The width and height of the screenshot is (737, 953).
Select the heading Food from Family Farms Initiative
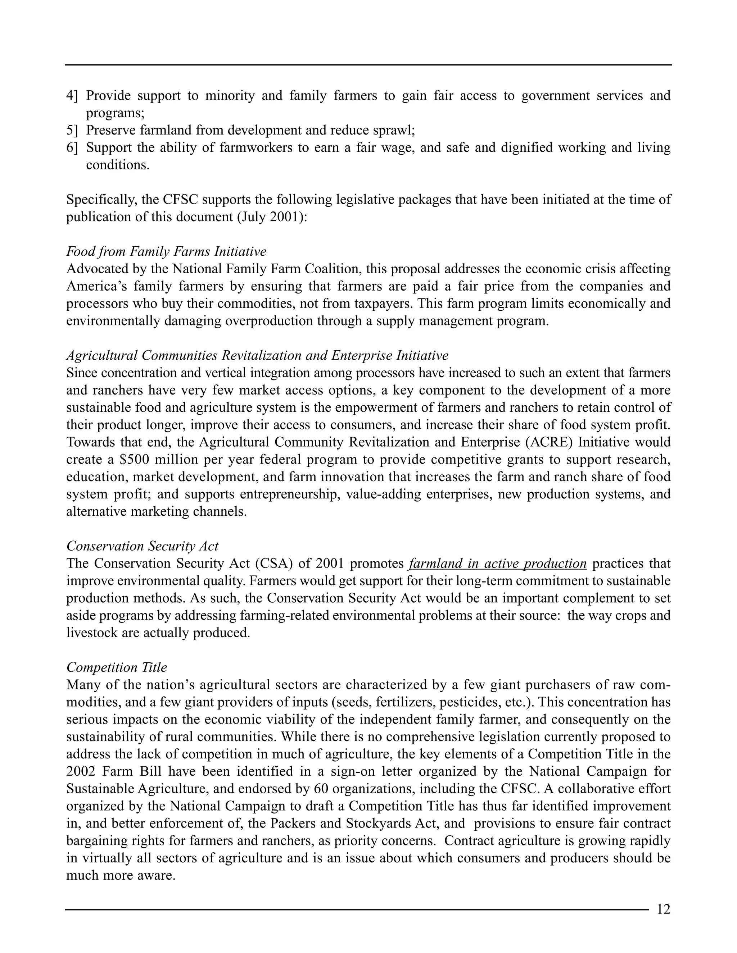pyautogui.click(x=166, y=252)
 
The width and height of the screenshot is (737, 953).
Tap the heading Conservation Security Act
pyautogui.click(x=143, y=546)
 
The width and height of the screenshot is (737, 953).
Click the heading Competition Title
pyautogui.click(x=117, y=667)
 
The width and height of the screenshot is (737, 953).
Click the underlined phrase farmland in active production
pyautogui.click(x=498, y=564)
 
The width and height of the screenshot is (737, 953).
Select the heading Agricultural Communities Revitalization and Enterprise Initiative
pyautogui.click(x=257, y=356)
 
